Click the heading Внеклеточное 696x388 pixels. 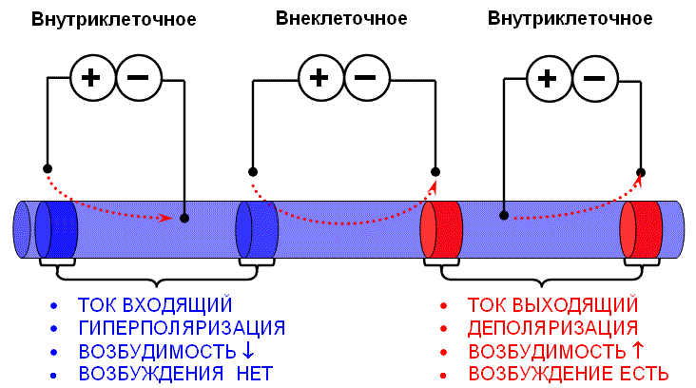tap(341, 19)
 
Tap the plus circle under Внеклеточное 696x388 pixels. tap(320, 78)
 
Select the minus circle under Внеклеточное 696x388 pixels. tap(367, 78)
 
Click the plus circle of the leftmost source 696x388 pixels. tap(92, 78)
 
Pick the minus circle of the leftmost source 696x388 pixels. tap(139, 78)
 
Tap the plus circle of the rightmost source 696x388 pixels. tap(549, 79)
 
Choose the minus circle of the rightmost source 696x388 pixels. tap(595, 79)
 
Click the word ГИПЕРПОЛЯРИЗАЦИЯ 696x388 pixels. tap(182, 328)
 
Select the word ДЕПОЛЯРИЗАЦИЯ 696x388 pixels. tap(552, 328)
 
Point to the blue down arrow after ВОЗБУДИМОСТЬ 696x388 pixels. tap(248, 349)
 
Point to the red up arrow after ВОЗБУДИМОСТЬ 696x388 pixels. tap(638, 349)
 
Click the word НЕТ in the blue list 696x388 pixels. tap(254, 374)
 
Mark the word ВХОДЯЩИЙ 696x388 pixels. tap(177, 305)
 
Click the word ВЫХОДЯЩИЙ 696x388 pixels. tap(575, 305)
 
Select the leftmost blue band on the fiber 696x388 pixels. tap(56, 229)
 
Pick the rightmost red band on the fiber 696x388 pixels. tap(642, 229)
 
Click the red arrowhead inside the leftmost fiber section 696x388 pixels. tap(166, 218)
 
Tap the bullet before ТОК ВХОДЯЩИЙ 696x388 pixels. tap(53, 306)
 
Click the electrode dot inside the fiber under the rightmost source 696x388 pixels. tap(504, 215)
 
